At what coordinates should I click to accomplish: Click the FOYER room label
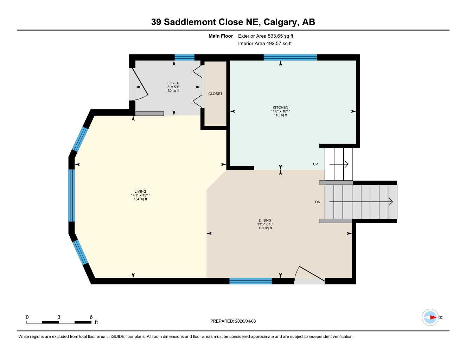click(x=173, y=83)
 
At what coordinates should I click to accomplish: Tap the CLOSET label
click(x=215, y=94)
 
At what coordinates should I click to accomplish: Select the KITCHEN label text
click(x=280, y=108)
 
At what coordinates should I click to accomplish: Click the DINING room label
click(x=265, y=221)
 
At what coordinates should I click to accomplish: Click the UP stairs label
click(x=315, y=164)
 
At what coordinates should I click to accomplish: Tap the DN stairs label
click(x=318, y=202)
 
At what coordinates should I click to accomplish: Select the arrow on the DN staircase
click(x=360, y=202)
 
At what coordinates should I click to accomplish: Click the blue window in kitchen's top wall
click(x=290, y=58)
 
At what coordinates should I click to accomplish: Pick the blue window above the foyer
click(x=184, y=58)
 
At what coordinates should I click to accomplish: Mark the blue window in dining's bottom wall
click(x=250, y=281)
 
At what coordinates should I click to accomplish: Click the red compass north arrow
click(x=432, y=317)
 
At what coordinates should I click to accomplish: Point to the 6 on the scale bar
click(x=91, y=317)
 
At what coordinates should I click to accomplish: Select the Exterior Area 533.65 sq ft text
click(x=266, y=36)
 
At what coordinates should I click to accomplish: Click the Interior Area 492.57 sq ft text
click(x=265, y=44)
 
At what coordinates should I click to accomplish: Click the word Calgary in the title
click(x=280, y=22)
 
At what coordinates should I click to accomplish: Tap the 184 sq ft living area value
click(x=140, y=199)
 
